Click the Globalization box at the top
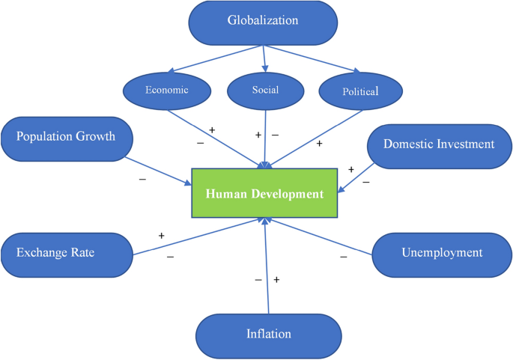262,21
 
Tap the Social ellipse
265,91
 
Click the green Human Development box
264,194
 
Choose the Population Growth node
67,137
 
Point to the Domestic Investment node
439,144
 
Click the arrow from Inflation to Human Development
267,269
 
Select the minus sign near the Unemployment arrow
344,257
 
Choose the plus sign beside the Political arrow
320,142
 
